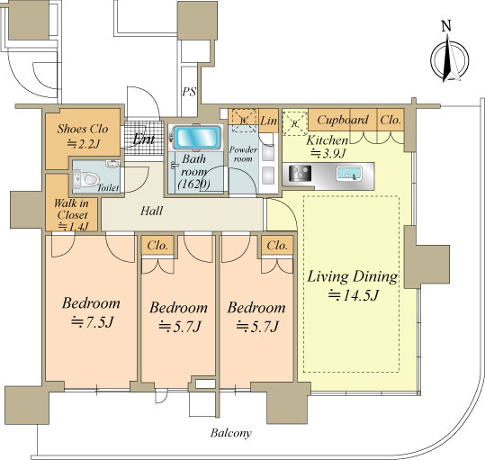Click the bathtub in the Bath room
(197, 138)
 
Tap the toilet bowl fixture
(87, 179)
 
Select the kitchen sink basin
(349, 174)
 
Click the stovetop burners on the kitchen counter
(300, 173)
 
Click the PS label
(189, 92)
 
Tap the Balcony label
(230, 433)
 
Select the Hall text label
(151, 211)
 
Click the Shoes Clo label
(83, 129)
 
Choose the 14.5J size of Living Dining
(353, 295)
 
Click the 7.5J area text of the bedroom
(92, 322)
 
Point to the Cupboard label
(343, 120)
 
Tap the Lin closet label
(268, 121)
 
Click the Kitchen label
(327, 140)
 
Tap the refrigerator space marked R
(295, 122)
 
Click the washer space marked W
(244, 121)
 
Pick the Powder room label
(243, 154)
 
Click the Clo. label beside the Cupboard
(391, 120)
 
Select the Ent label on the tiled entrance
(144, 140)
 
